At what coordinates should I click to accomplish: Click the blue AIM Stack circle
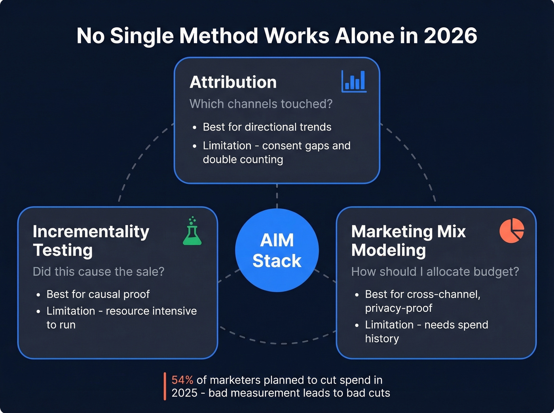click(x=277, y=250)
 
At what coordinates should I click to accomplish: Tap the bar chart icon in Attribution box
click(x=354, y=81)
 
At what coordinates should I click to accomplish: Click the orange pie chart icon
click(x=511, y=230)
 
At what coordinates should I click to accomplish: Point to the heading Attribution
click(x=233, y=82)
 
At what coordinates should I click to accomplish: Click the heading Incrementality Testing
click(x=91, y=241)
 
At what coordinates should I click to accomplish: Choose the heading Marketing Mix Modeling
click(x=408, y=241)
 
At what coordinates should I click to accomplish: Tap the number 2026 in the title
click(x=450, y=36)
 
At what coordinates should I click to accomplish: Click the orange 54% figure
click(x=182, y=380)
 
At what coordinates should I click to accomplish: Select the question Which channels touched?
click(x=261, y=104)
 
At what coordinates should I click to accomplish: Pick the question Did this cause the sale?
click(x=98, y=272)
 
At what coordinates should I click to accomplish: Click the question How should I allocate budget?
click(x=435, y=272)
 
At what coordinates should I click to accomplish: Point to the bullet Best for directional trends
click(x=267, y=127)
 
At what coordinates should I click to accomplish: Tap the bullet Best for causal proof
click(x=98, y=294)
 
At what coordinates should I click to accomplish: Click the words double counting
click(x=243, y=159)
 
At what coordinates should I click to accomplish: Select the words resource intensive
click(x=151, y=311)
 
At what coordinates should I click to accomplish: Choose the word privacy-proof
click(x=398, y=308)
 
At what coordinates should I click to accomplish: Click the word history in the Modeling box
click(x=382, y=339)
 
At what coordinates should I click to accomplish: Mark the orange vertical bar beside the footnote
click(x=165, y=387)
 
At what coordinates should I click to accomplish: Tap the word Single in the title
click(x=142, y=36)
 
